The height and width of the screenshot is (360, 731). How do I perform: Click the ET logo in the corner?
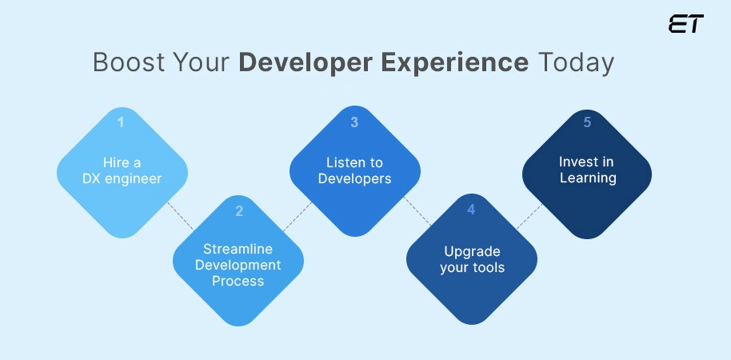[685, 24]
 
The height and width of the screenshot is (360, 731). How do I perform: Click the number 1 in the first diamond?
[122, 122]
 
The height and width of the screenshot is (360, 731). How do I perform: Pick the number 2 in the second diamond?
[238, 212]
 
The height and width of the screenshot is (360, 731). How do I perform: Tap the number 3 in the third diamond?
[354, 122]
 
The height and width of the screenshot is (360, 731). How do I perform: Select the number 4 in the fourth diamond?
[471, 210]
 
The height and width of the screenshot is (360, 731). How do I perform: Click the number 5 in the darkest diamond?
[587, 122]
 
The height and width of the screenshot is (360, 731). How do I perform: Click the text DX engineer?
[122, 178]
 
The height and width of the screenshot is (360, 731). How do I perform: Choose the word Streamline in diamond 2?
[238, 249]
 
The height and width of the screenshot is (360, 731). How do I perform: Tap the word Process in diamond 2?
[238, 281]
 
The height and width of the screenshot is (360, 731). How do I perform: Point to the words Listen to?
[354, 163]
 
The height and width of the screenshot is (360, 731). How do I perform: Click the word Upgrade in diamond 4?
[472, 251]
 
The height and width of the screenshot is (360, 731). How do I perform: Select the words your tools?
[472, 267]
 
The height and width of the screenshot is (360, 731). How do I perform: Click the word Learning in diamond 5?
[587, 178]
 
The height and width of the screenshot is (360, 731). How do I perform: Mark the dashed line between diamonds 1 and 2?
[180, 214]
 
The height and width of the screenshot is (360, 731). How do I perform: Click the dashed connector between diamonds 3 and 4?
[415, 211]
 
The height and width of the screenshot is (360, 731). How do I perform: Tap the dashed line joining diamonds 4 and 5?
[529, 216]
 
